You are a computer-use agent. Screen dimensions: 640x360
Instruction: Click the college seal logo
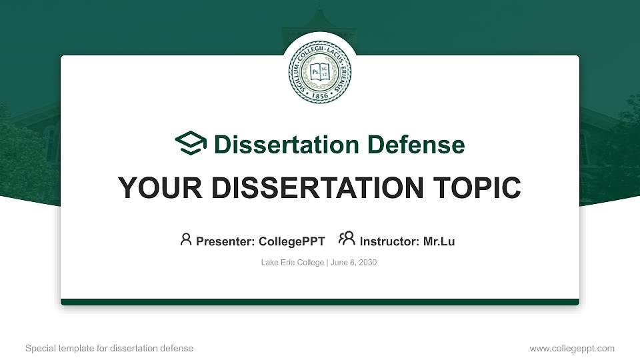(319, 72)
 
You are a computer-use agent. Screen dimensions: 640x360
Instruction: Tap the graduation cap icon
(191, 143)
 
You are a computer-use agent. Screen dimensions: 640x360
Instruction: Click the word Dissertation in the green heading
(287, 145)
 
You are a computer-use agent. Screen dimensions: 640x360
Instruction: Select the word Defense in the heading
(416, 145)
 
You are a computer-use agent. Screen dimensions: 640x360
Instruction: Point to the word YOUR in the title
(160, 188)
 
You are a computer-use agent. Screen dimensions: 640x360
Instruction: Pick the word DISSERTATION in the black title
(317, 188)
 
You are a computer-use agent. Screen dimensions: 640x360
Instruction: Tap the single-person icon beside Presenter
(186, 239)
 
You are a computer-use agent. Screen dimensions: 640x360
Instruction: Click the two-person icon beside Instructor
(347, 239)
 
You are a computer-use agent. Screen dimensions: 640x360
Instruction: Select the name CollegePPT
(292, 241)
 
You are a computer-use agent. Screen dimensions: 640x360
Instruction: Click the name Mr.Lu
(439, 241)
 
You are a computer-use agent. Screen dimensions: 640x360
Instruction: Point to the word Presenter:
(225, 241)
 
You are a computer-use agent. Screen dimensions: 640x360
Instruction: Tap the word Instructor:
(389, 241)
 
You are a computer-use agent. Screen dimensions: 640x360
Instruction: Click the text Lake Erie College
(293, 263)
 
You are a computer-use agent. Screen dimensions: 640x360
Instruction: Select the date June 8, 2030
(353, 263)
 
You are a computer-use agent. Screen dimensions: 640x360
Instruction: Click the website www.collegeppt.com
(572, 348)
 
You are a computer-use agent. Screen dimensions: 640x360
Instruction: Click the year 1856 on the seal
(319, 95)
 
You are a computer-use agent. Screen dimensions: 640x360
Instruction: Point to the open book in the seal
(319, 72)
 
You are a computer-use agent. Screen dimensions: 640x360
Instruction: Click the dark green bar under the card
(320, 302)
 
